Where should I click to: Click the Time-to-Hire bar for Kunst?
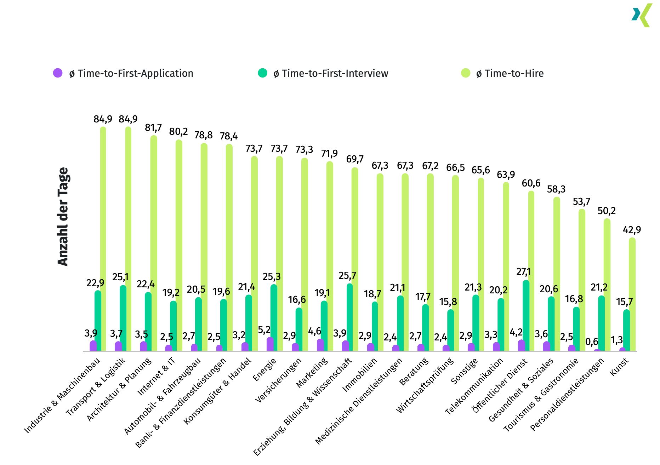(632, 294)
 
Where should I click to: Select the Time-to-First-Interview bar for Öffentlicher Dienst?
(526, 315)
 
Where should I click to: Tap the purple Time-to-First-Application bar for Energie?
(270, 344)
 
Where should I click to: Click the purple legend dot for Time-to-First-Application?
(58, 73)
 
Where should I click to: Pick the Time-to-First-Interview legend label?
(331, 74)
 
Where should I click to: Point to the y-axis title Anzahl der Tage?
(63, 217)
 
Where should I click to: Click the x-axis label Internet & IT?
(156, 376)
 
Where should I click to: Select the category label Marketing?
(312, 373)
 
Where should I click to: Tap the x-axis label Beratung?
(414, 371)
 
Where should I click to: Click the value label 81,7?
(153, 127)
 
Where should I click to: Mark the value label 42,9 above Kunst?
(632, 230)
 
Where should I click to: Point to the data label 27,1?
(524, 272)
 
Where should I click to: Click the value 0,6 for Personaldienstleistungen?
(592, 342)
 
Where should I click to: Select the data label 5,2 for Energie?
(264, 330)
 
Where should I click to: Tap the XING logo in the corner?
(642, 15)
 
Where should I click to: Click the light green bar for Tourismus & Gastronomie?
(582, 280)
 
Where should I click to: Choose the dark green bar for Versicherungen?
(299, 329)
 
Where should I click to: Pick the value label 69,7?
(355, 159)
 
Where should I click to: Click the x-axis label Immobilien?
(360, 375)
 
